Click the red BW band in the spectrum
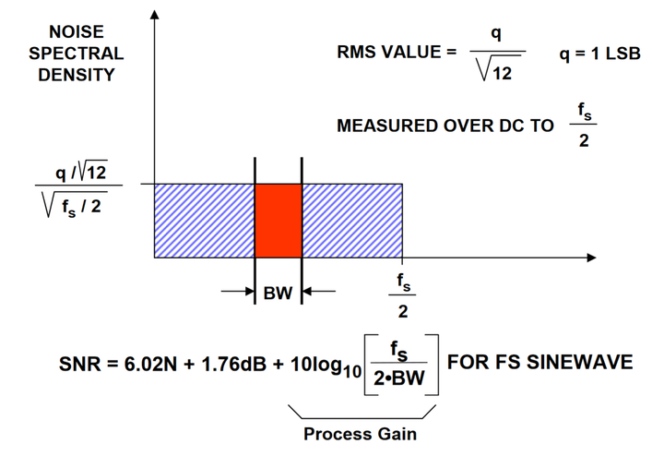tap(278, 220)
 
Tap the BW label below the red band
tap(278, 294)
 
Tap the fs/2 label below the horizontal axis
tap(403, 294)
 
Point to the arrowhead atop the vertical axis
tap(154, 20)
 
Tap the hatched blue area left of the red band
tap(203, 220)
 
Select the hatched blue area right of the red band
tap(351, 220)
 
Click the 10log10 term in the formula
tap(319, 364)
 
